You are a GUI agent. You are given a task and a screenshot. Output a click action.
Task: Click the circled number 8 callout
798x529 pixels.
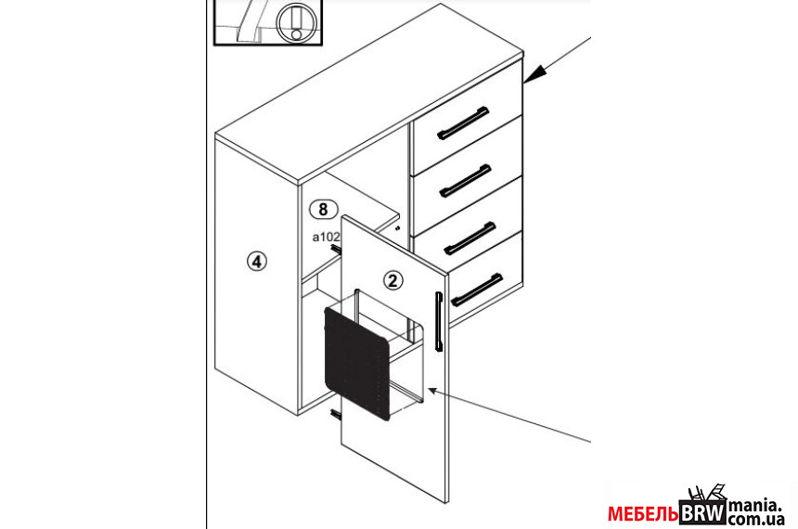point(323,209)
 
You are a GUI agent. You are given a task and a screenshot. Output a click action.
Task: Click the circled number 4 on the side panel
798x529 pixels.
point(256,261)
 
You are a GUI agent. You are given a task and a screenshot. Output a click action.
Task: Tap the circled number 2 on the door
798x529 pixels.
point(393,280)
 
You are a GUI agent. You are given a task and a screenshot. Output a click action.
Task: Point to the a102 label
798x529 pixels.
point(326,238)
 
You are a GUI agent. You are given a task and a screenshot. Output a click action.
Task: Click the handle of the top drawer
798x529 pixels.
point(463,123)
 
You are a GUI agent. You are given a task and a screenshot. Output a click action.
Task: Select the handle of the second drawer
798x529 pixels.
point(465,180)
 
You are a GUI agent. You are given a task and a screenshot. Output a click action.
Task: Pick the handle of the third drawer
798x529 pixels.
point(470,239)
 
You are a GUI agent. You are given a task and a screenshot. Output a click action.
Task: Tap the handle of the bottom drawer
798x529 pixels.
point(476,290)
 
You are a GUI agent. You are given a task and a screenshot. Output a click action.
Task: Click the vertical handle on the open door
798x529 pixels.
point(439,321)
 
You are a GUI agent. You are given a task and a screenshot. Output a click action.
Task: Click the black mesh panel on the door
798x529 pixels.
point(356,363)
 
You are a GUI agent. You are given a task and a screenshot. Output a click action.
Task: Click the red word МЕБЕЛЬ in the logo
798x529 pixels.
point(643,514)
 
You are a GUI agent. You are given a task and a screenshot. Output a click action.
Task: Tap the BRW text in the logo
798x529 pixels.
point(702,512)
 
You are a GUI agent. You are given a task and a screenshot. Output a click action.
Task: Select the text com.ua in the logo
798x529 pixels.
point(755,519)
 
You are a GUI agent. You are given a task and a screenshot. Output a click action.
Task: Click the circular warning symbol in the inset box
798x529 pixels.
point(297,22)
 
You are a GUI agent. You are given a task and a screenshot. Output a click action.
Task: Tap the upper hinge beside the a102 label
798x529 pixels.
point(336,249)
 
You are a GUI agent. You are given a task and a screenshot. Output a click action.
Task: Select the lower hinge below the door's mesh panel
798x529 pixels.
point(336,414)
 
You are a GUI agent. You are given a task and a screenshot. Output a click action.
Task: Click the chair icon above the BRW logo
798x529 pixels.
point(706,493)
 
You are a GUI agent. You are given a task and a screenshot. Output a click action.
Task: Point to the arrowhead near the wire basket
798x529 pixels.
point(433,392)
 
